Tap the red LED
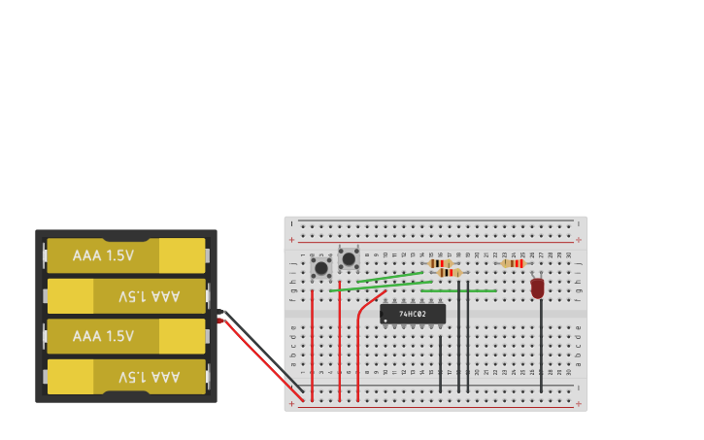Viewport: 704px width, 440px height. (x=538, y=288)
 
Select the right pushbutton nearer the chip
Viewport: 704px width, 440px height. (x=349, y=258)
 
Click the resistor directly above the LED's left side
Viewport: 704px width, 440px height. (x=514, y=263)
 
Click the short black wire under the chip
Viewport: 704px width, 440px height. (x=440, y=364)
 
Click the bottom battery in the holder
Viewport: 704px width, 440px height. (x=126, y=377)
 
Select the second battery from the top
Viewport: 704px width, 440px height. (x=126, y=296)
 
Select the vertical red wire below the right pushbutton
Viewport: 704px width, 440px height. (x=340, y=350)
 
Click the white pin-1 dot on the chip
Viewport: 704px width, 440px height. (x=386, y=320)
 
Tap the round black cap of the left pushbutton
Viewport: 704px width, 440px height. (x=320, y=266)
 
